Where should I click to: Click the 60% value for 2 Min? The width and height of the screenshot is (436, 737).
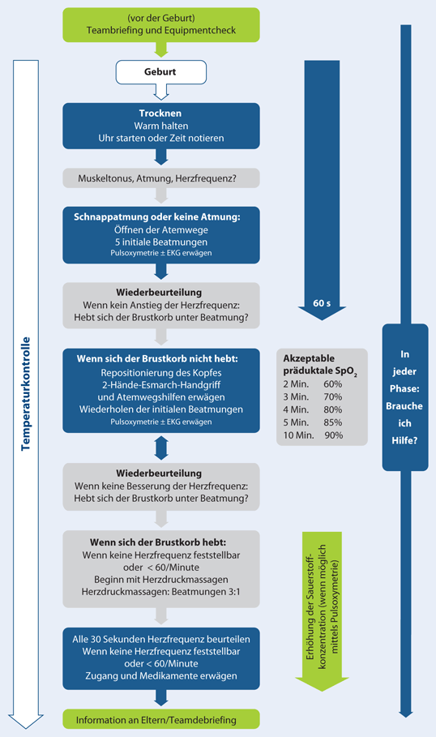332,383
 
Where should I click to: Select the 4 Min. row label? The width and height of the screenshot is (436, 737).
296,409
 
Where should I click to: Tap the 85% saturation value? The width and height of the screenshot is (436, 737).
332,422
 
